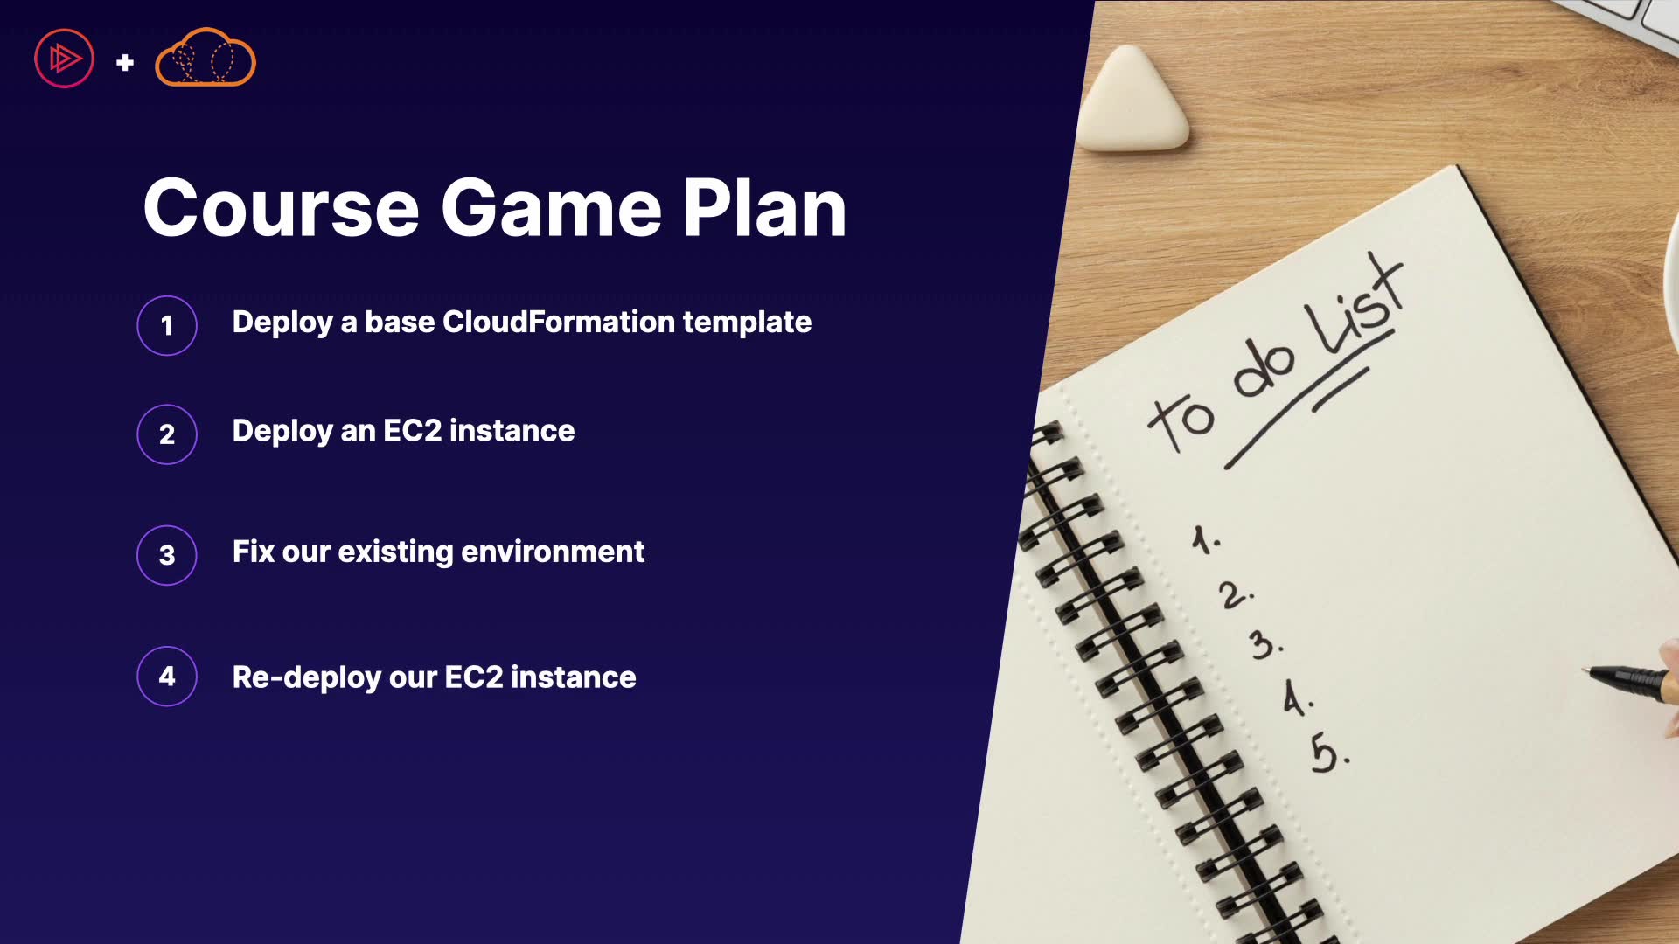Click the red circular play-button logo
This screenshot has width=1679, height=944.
64,59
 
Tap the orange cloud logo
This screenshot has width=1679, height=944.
206,58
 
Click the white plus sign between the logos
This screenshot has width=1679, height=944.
125,62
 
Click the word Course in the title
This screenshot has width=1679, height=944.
282,208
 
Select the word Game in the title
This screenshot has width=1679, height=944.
551,208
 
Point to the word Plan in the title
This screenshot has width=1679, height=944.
764,208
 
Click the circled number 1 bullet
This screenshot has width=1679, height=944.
167,325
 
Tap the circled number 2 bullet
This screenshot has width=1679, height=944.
167,434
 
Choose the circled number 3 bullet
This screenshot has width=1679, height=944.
167,555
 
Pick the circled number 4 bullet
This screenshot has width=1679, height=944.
167,676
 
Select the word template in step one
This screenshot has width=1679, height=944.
747,323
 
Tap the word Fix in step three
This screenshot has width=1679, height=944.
253,552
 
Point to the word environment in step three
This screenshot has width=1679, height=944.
553,552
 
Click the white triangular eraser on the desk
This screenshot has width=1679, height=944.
1132,101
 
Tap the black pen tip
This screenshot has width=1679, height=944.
1586,670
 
